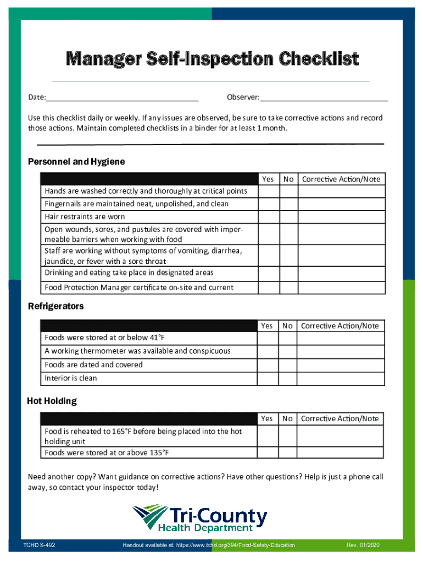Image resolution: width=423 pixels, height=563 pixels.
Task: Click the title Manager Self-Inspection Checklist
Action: point(212,59)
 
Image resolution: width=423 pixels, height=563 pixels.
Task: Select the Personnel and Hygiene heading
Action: point(76,162)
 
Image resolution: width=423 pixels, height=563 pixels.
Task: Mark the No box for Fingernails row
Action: point(288,204)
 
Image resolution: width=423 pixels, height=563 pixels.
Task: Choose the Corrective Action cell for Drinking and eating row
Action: point(341,273)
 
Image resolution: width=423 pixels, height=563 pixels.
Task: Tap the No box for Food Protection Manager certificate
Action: point(288,287)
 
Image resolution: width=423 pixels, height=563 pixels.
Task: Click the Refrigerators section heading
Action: point(55,306)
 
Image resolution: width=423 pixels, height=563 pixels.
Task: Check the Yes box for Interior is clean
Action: point(268,378)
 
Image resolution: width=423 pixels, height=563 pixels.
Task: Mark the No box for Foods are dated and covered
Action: point(288,365)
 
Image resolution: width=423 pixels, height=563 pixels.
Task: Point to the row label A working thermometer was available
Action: point(137,351)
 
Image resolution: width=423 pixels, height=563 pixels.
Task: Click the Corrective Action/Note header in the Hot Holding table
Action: point(340,418)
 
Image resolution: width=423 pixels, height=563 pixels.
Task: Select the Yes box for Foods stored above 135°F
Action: point(268,452)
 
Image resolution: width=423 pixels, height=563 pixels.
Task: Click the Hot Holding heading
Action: point(52,401)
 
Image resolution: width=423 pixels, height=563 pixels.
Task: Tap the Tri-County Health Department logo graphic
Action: point(149,518)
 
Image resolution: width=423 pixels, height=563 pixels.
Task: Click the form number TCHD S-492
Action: point(39,545)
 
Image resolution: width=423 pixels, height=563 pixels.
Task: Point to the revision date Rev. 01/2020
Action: point(363,545)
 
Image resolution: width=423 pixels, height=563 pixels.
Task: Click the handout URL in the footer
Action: point(209,545)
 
